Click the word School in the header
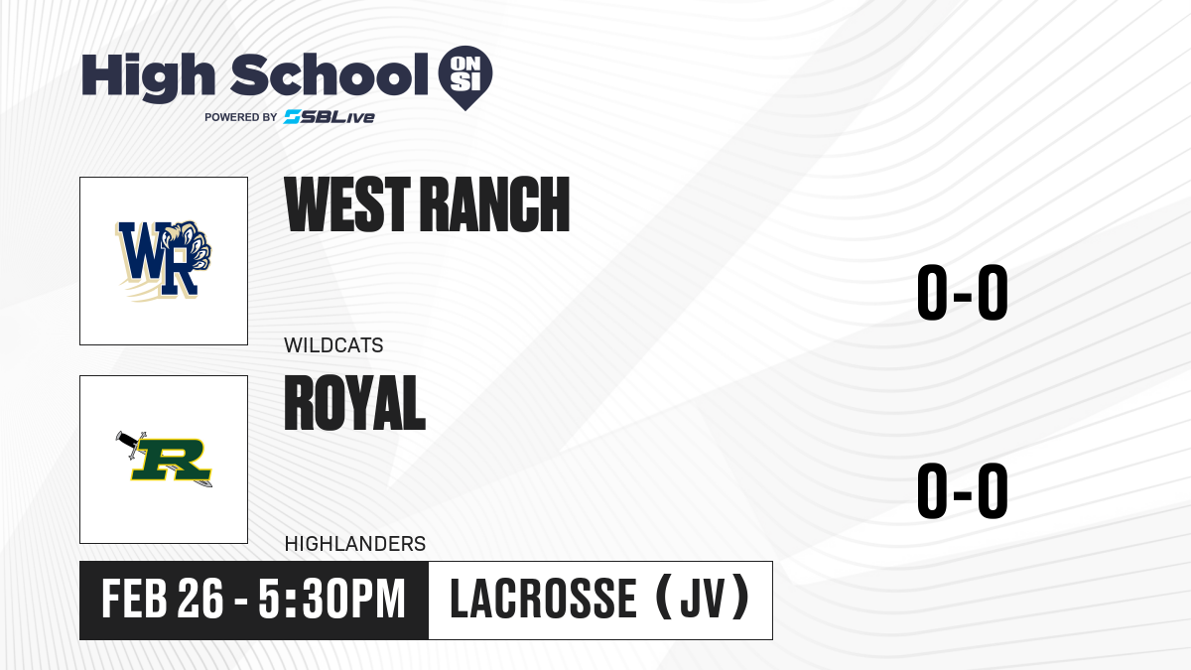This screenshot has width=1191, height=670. coord(330,74)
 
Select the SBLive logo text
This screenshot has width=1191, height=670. coord(330,117)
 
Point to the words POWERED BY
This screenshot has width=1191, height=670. coord(241,117)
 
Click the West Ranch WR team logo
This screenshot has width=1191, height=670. coord(164,260)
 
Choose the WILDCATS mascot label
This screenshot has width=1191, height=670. coord(333,345)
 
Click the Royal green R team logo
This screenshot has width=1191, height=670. coord(164,459)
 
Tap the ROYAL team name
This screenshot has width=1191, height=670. coord(354,403)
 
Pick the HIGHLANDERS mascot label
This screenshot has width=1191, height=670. coord(355,544)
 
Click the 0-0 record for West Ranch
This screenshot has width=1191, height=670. coord(963,293)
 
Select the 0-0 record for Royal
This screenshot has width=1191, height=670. coord(963,490)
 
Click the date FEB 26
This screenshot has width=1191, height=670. coord(162,600)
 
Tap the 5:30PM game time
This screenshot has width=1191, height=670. coord(332,600)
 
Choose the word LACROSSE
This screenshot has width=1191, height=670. coord(544,599)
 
